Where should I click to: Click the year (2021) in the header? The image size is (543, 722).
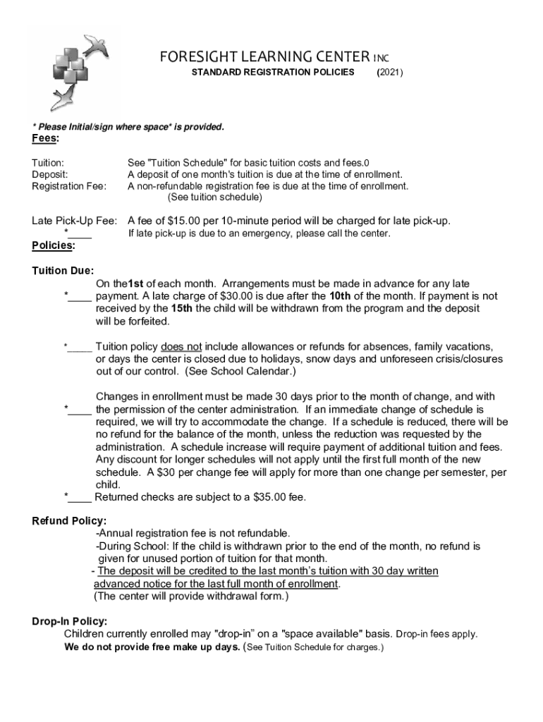390,72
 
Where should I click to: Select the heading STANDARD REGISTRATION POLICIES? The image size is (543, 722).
273,72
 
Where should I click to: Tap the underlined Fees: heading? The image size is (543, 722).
46,139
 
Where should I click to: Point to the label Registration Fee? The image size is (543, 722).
69,186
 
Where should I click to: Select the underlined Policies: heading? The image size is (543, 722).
53,245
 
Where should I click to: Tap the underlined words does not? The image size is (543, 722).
181,346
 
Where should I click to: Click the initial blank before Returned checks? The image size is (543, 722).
80,497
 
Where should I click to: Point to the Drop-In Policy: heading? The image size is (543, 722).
69,621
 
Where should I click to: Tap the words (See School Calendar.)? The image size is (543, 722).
240,372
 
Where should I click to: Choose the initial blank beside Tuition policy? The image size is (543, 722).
80,347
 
